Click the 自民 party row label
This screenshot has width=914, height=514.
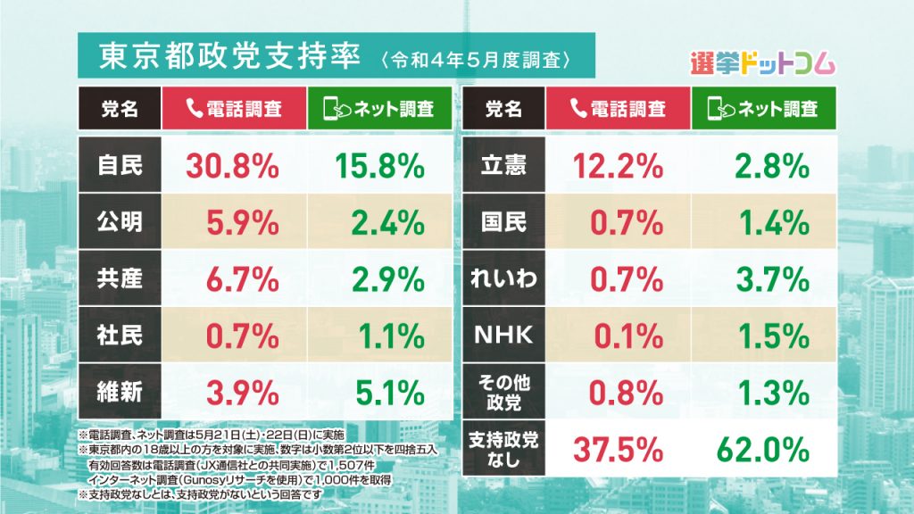click(120, 165)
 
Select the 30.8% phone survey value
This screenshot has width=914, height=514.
click(232, 165)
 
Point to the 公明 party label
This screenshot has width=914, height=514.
click(120, 222)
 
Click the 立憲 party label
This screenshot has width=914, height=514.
click(503, 165)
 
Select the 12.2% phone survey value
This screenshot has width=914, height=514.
click(617, 165)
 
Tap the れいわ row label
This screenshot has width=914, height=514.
click(503, 279)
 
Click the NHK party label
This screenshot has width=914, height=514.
click(503, 336)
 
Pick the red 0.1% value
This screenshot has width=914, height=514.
click(627, 336)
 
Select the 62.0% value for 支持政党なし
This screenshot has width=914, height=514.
click(760, 445)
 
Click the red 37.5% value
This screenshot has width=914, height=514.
click(617, 445)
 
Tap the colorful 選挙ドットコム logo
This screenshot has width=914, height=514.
click(763, 63)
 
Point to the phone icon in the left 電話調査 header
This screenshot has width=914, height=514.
click(195, 109)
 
